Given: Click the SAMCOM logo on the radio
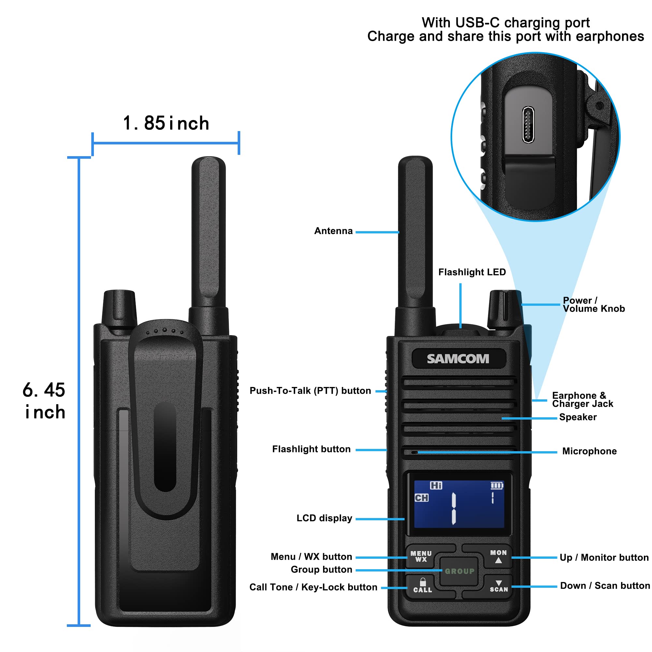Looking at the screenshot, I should pos(458,359).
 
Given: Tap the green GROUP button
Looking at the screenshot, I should pos(459,571).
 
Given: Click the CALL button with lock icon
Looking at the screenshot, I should pos(422,586).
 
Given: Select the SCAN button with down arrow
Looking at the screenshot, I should pos(498,586).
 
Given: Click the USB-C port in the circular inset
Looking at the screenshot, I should pos(528,125).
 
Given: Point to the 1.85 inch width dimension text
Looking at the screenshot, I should pos(166,123).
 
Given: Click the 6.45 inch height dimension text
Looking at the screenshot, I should pos(44,401).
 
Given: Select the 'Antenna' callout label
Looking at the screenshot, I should pos(333,231).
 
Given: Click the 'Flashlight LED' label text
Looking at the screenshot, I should pos(472,272).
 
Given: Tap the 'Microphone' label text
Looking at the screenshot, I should pos(589,451).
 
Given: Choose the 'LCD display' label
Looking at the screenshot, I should pos(324,518).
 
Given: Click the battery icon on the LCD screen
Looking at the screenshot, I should pos(496,486).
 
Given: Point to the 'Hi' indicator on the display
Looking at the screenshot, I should pos(436,485).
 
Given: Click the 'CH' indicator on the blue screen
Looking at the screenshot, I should pos(422,498).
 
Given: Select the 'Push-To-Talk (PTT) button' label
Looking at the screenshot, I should pos(310,391).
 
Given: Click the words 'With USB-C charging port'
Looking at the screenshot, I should pos(506,22).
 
